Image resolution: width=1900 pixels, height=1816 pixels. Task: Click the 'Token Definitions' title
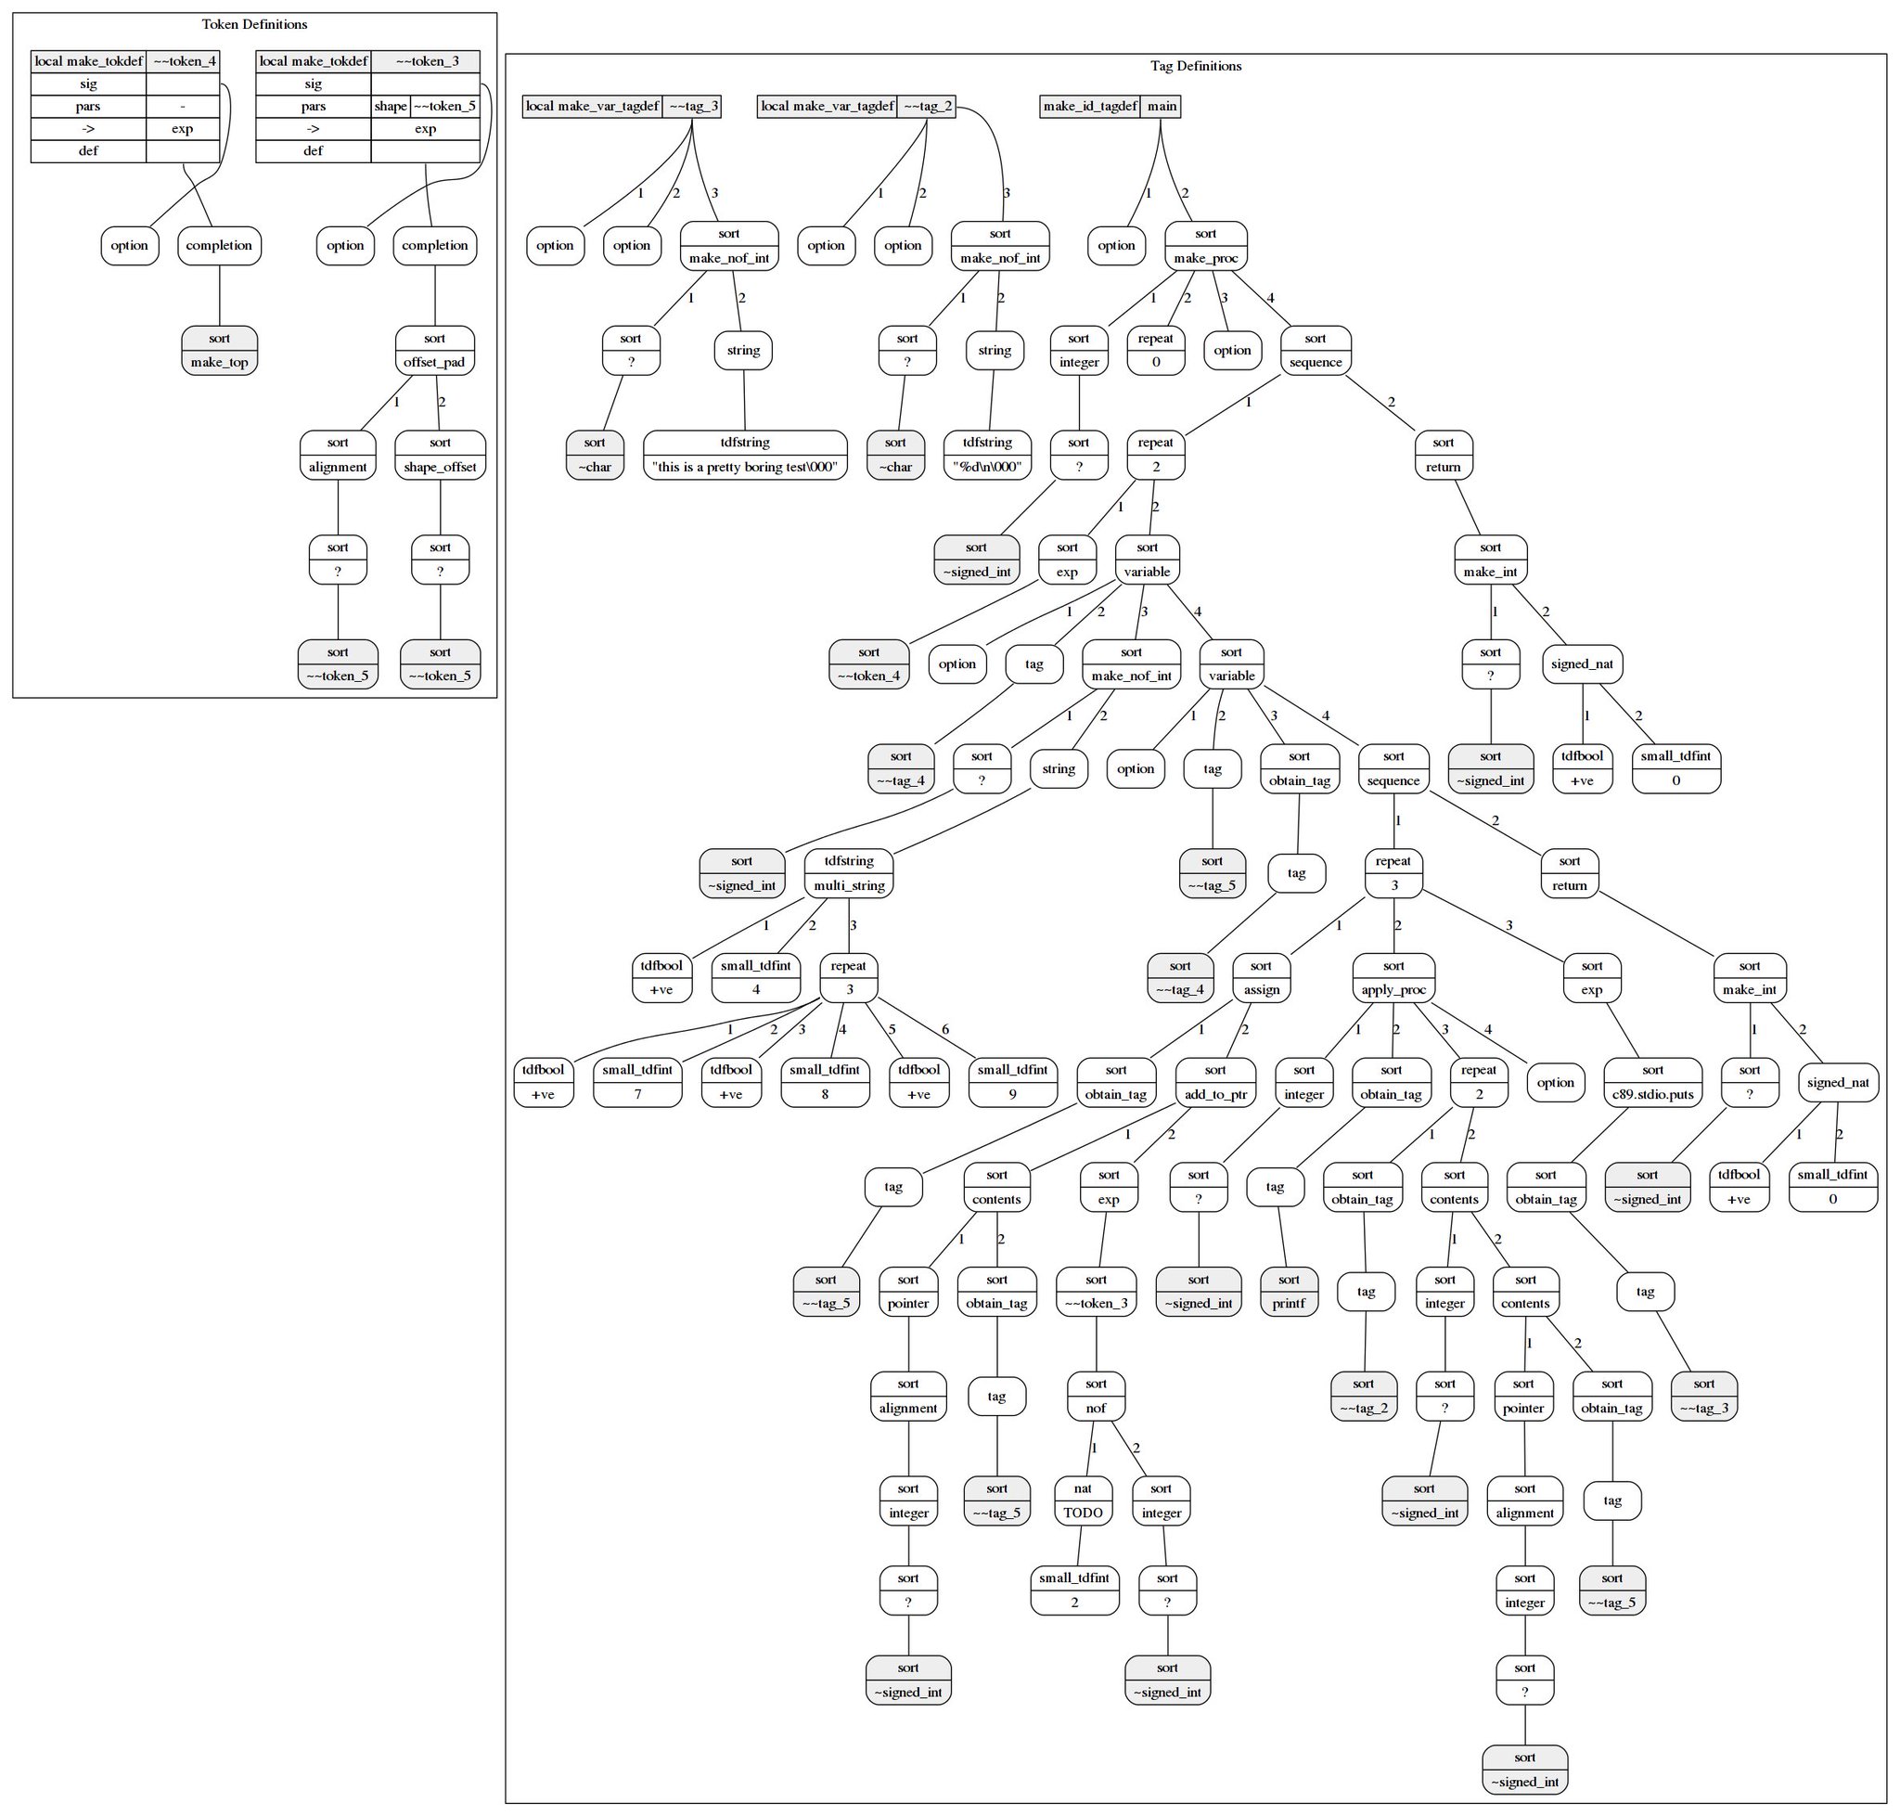pos(254,24)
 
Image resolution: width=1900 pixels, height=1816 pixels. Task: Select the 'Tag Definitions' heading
pos(1195,66)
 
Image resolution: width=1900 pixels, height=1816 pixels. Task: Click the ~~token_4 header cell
pos(184,61)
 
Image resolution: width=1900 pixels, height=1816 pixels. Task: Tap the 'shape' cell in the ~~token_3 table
pos(390,107)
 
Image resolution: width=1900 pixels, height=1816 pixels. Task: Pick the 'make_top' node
pos(220,351)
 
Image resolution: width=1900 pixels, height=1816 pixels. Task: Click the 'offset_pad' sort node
pos(434,351)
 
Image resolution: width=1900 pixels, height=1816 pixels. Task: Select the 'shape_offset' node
pos(441,455)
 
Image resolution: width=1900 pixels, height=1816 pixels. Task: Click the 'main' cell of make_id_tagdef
pos(1162,107)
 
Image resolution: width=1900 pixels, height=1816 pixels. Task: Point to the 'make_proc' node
pos(1205,246)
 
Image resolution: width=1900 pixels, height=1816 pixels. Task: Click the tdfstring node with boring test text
pos(744,455)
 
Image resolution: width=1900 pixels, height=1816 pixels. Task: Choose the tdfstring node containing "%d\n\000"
pos(987,455)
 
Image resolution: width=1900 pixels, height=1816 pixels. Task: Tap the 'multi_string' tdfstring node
pos(849,873)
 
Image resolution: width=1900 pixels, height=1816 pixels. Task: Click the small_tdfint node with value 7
pos(638,1082)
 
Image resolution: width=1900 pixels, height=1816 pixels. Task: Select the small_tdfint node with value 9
pos(1012,1082)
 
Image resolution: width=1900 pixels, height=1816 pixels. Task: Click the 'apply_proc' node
pos(1393,978)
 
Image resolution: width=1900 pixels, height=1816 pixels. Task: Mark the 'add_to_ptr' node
pos(1214,1082)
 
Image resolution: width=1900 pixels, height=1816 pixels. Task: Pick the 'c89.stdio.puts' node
pos(1652,1082)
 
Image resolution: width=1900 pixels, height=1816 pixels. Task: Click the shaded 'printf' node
pos(1289,1292)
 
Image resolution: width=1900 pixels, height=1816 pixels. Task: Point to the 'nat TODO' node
pos(1082,1500)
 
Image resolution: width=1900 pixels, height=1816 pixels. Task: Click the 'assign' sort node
pos(1261,978)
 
